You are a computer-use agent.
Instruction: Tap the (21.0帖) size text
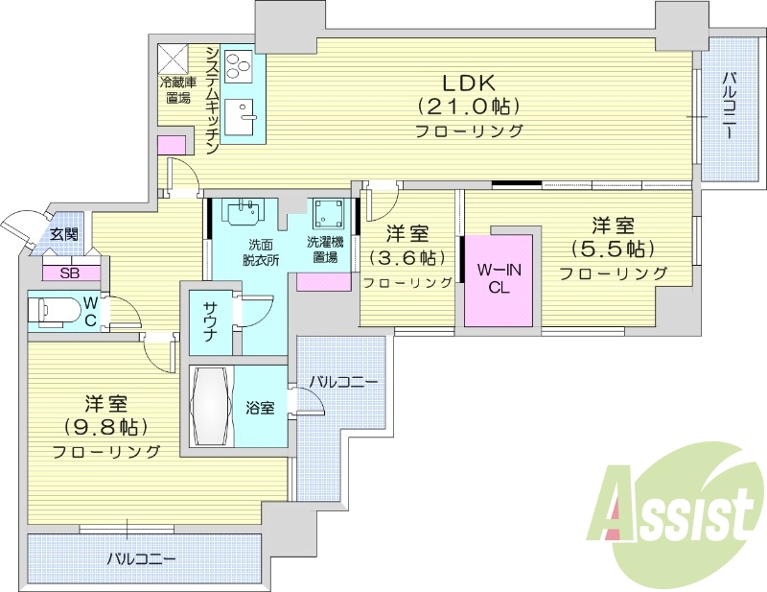click(468, 106)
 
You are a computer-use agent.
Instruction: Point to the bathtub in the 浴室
click(210, 407)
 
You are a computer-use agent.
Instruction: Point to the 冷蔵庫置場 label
click(175, 89)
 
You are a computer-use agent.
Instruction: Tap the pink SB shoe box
click(69, 272)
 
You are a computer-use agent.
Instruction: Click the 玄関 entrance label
click(64, 234)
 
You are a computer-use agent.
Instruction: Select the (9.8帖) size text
click(105, 426)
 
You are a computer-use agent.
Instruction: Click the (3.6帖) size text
click(407, 257)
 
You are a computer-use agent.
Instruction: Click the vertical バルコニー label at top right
click(730, 106)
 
